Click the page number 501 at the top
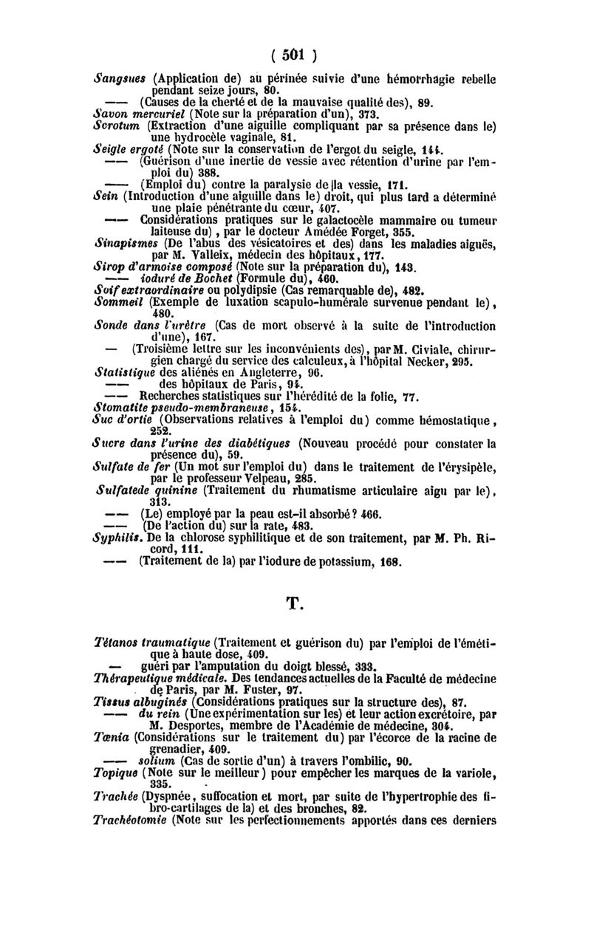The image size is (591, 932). click(294, 55)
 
